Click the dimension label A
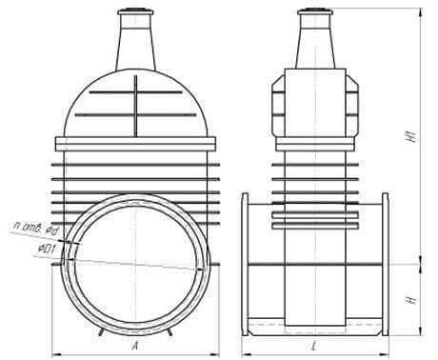(135, 345)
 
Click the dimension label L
(314, 346)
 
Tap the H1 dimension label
(412, 136)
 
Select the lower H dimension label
(412, 300)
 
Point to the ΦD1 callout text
(47, 250)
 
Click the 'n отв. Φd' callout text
(36, 229)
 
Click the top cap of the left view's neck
(135, 12)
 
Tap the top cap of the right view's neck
(315, 12)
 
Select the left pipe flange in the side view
(245, 264)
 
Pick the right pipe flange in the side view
(385, 264)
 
